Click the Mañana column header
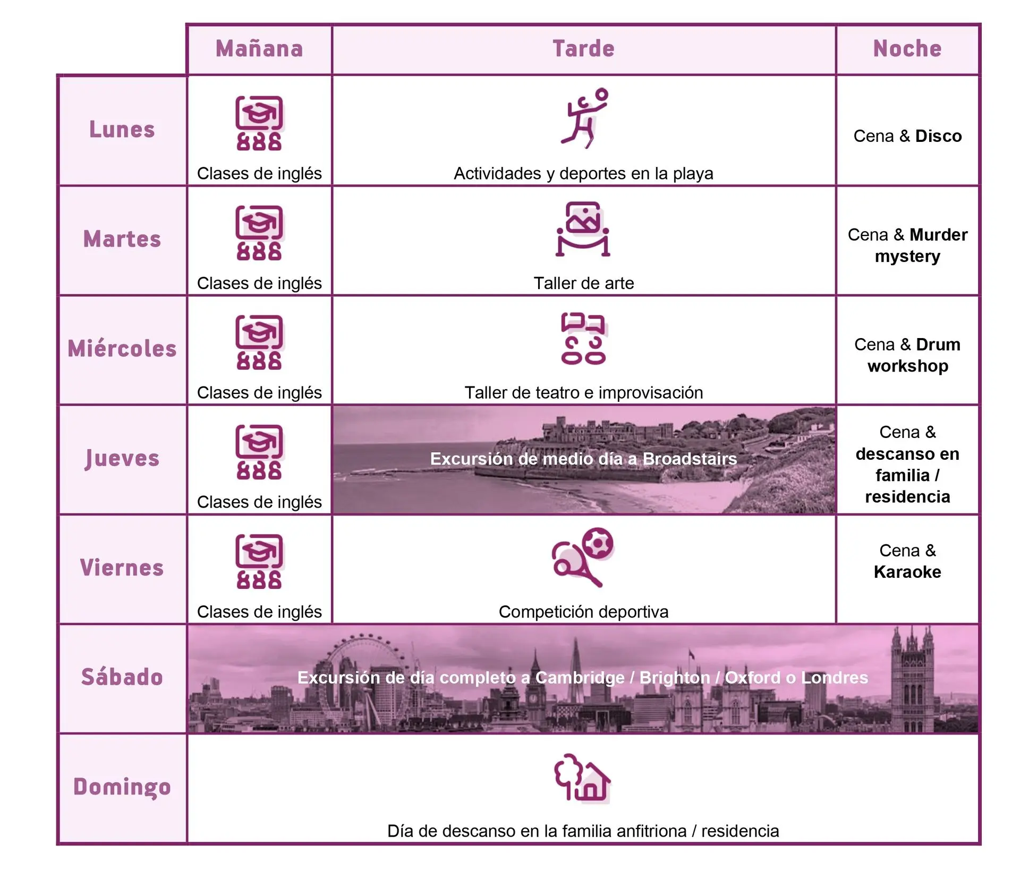pos(259,49)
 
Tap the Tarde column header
pos(583,49)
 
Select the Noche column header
pos(907,49)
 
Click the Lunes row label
pos(122,130)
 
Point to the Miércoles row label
pos(122,349)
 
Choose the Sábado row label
pos(122,677)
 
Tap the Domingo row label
pos(122,787)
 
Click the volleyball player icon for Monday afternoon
pos(584,119)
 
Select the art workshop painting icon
pos(583,230)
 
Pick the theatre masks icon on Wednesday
pos(583,339)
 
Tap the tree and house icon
pos(582,777)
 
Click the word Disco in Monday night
pos(938,136)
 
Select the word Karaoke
pos(907,572)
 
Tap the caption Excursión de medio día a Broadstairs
pos(583,459)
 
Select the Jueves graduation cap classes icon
pos(259,452)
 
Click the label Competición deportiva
pos(583,612)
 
